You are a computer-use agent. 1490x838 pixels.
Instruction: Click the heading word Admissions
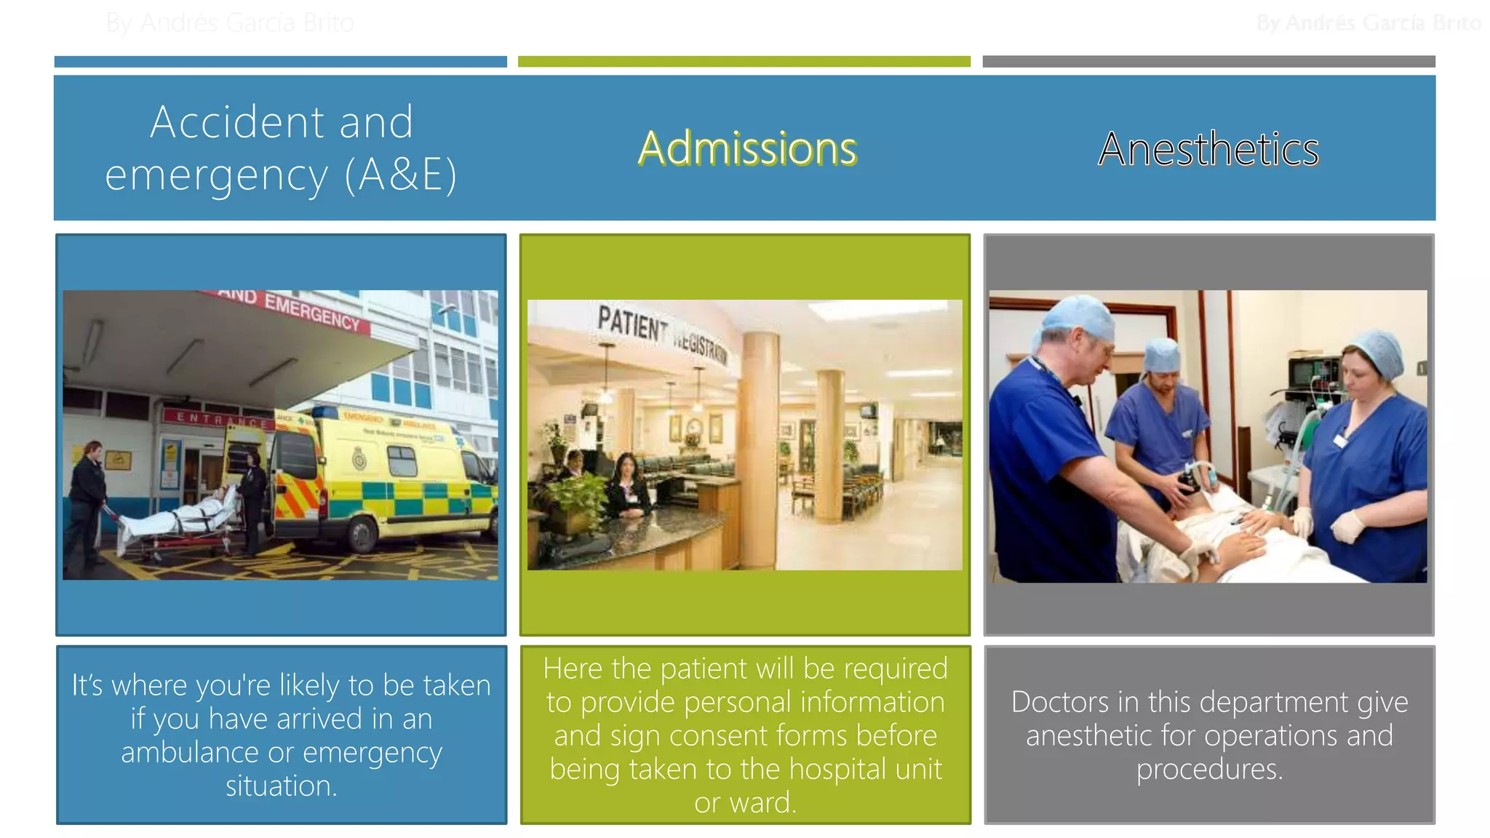[747, 148]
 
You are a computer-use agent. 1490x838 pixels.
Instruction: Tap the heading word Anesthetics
[1208, 149]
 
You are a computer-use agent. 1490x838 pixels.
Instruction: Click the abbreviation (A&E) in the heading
[401, 175]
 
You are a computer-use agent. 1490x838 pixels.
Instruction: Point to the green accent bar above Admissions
[744, 62]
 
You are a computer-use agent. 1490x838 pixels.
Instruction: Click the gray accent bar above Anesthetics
[1208, 62]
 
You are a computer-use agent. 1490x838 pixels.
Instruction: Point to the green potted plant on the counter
[575, 498]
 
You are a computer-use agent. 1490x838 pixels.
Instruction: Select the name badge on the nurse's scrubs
[1340, 440]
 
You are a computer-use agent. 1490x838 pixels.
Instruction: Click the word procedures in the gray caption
[1208, 770]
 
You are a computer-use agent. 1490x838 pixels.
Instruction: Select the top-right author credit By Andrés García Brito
[1368, 23]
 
